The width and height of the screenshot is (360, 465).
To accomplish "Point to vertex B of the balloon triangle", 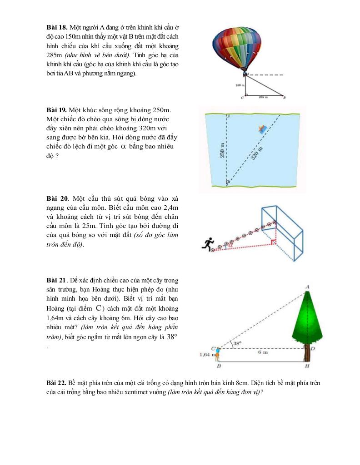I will click(x=284, y=97).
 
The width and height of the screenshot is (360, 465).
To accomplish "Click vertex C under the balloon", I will click(x=242, y=97).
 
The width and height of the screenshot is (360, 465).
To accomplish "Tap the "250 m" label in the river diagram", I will click(x=222, y=150).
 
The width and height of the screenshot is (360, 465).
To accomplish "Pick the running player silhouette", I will click(x=208, y=244).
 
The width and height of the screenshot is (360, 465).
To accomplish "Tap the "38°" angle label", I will click(x=237, y=344).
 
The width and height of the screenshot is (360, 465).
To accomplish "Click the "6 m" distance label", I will click(x=262, y=352).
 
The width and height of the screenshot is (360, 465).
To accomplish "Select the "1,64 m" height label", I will click(x=207, y=355).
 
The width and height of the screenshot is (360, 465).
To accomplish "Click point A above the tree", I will click(x=308, y=287).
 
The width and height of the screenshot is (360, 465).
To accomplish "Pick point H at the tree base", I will click(x=308, y=366).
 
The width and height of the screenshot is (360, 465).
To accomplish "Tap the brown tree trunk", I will click(x=307, y=354).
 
